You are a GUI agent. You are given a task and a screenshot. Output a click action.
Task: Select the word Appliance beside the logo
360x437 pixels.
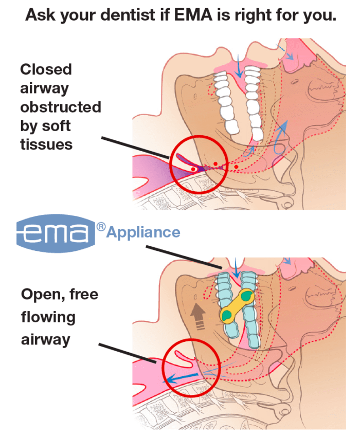(x=143, y=232)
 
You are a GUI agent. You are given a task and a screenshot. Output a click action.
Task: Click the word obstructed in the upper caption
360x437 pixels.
(x=60, y=107)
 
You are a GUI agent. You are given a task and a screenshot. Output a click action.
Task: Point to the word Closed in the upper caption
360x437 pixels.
(x=46, y=69)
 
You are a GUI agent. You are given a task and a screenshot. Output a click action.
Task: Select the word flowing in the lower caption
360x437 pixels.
(x=48, y=317)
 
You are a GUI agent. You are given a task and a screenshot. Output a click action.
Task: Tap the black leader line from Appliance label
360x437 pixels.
(x=185, y=257)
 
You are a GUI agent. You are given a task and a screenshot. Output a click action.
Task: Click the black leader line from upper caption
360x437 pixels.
(x=134, y=147)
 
